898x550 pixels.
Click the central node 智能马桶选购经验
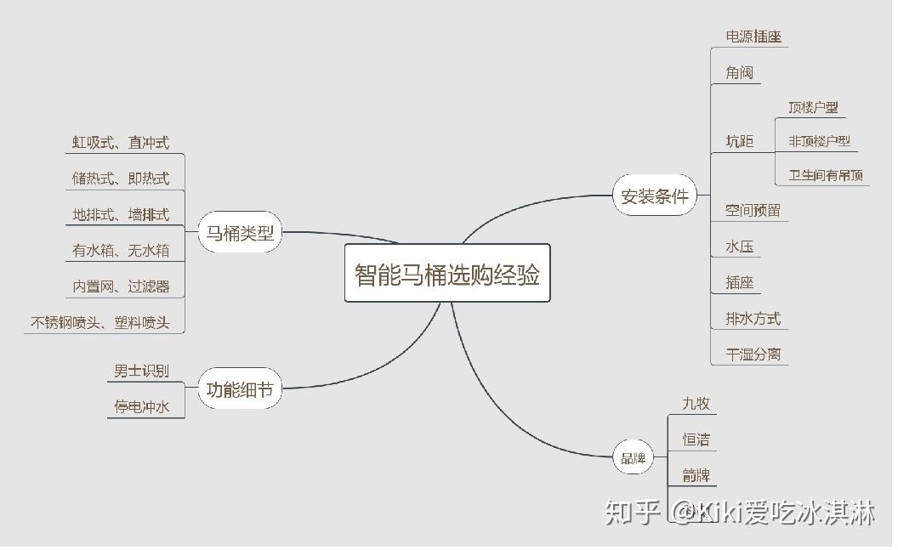pos(447,274)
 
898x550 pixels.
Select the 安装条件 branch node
pos(654,196)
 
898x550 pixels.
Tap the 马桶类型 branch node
pos(240,233)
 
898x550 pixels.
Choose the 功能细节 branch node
pos(240,389)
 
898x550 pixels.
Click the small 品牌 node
pos(633,458)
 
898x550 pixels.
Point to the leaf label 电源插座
pos(753,37)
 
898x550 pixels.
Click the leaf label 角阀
pos(739,72)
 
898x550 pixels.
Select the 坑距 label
pos(739,141)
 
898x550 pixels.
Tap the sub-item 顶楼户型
pos(812,107)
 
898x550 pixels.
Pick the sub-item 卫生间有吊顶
pos(825,175)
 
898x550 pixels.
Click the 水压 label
pos(739,247)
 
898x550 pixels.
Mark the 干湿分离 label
pos(753,354)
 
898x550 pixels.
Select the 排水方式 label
pos(753,319)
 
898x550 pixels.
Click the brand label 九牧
pos(696,403)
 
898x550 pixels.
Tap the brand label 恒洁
pos(696,439)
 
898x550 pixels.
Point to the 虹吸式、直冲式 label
pos(120,143)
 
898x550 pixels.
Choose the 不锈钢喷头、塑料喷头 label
pos(100,322)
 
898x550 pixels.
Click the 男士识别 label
pos(141,371)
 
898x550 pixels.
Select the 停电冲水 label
pos(141,406)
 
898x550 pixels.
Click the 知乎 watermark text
pos(632,512)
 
